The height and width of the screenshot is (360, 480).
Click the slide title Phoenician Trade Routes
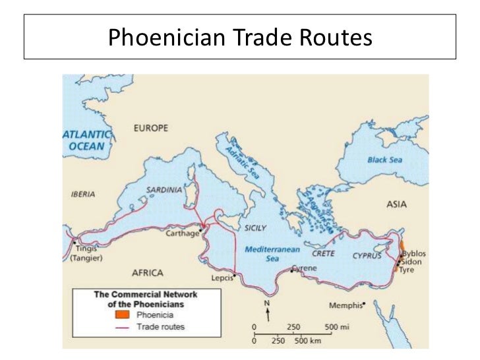point(240,38)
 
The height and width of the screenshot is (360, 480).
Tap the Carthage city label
point(181,233)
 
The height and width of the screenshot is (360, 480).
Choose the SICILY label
point(255,227)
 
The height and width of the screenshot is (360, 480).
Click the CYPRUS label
point(367,255)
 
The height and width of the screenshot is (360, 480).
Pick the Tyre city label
point(407,270)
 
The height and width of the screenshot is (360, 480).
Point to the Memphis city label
point(346,305)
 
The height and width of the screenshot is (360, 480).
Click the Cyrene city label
point(304,268)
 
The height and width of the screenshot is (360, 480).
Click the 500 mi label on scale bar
point(336,327)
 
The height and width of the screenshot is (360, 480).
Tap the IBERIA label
point(83,195)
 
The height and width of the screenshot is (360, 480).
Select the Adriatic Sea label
point(239,159)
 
